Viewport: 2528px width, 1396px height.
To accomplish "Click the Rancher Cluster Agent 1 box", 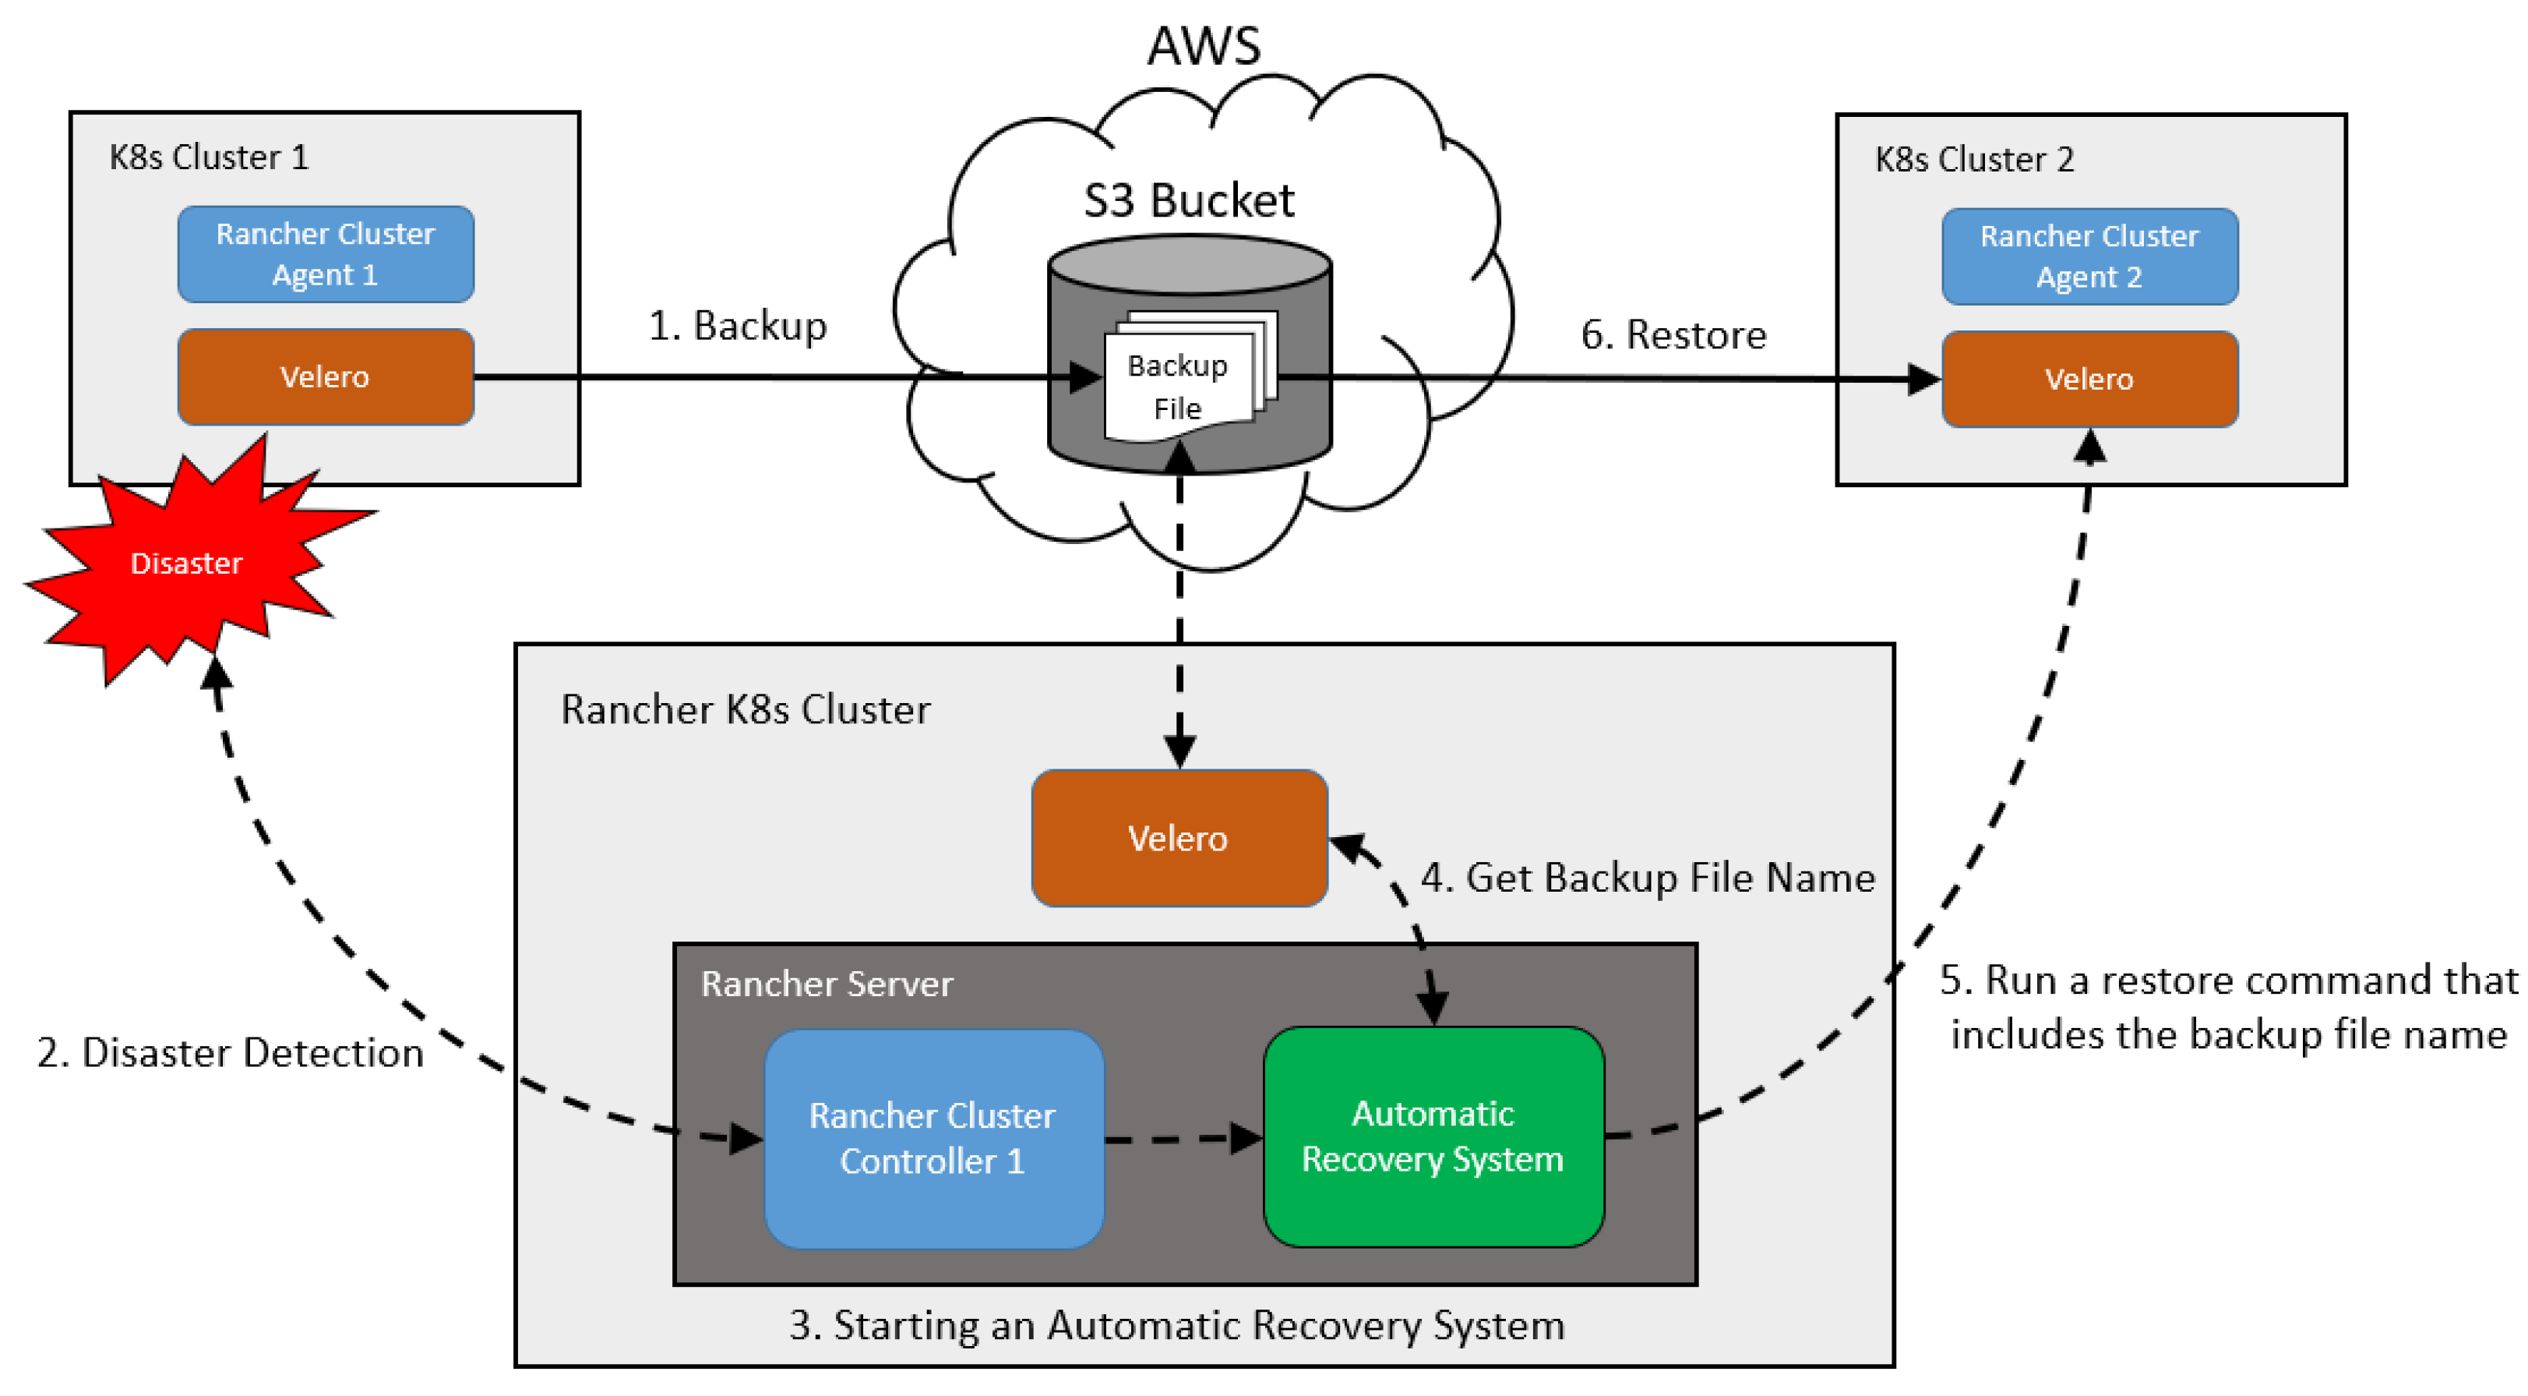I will click(x=326, y=254).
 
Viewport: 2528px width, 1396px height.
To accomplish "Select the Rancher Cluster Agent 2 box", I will click(x=2089, y=256).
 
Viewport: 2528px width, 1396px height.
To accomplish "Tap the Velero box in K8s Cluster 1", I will click(x=326, y=377).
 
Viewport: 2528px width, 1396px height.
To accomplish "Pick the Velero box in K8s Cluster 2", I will click(x=2089, y=379).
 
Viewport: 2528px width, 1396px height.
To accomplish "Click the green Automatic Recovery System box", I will click(x=1433, y=1136).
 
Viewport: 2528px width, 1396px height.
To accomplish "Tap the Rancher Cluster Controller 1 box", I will click(x=933, y=1139).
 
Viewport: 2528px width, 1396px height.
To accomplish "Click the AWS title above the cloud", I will click(x=1204, y=45).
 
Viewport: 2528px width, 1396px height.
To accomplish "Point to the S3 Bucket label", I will click(x=1189, y=200).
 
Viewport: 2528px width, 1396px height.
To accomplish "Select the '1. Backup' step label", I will click(x=738, y=326).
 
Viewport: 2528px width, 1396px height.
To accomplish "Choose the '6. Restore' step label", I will click(x=1673, y=334).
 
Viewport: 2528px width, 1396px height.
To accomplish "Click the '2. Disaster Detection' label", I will click(x=231, y=1052).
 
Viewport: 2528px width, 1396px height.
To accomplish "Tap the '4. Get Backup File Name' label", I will click(x=1648, y=878).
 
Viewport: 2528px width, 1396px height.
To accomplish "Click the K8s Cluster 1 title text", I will click(x=209, y=157).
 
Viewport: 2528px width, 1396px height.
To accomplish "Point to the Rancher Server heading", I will click(x=827, y=984).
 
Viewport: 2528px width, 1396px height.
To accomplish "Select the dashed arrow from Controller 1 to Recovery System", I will click(x=1183, y=1140).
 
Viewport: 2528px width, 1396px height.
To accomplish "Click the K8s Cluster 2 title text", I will click(x=1975, y=159).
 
